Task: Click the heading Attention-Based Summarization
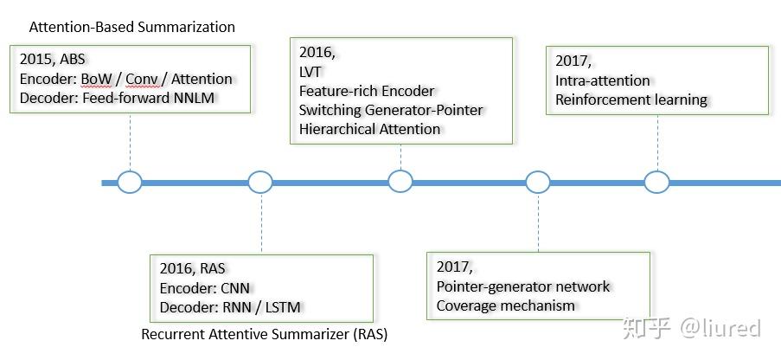(x=132, y=27)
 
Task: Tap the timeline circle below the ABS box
(x=130, y=182)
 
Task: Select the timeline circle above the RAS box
(x=260, y=182)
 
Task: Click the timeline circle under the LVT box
(x=400, y=182)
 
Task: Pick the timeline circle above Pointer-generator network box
(x=538, y=182)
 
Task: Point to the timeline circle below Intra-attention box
(x=656, y=182)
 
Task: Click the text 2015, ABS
(x=52, y=60)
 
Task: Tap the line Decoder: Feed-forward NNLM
(x=117, y=98)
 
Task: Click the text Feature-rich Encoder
(x=367, y=91)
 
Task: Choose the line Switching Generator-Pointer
(x=391, y=110)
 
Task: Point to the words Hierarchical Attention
(x=369, y=129)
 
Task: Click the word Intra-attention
(x=603, y=80)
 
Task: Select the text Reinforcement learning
(x=631, y=100)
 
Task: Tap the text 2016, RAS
(x=192, y=269)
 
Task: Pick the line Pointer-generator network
(x=523, y=286)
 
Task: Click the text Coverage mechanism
(x=506, y=305)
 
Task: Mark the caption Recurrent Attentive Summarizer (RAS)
(x=265, y=334)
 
